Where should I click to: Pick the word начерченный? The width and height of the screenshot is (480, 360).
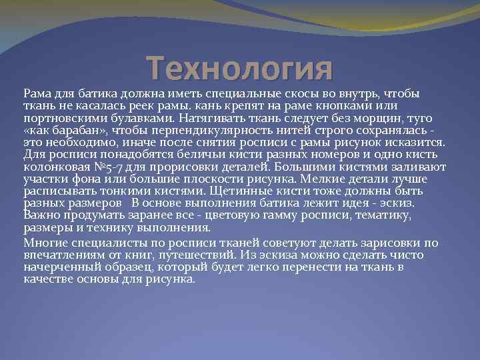click(x=55, y=267)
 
